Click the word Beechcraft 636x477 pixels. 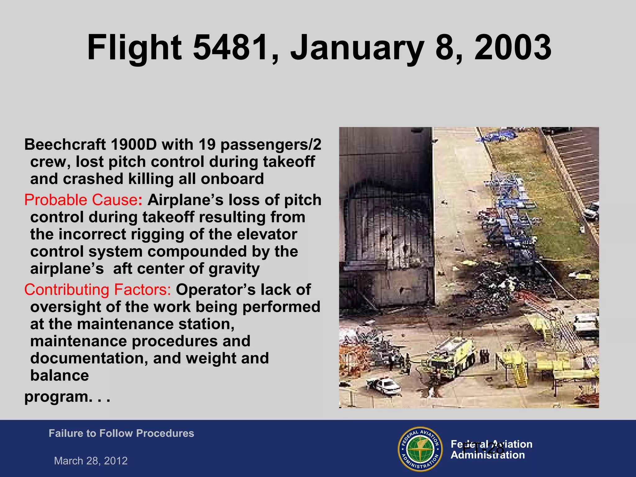(65, 145)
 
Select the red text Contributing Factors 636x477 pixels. (97, 289)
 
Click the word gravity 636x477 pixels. (234, 269)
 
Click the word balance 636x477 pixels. (59, 375)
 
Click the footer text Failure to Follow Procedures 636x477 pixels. (121, 433)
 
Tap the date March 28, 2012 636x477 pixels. (91, 461)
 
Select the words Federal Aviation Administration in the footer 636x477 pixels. (491, 449)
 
